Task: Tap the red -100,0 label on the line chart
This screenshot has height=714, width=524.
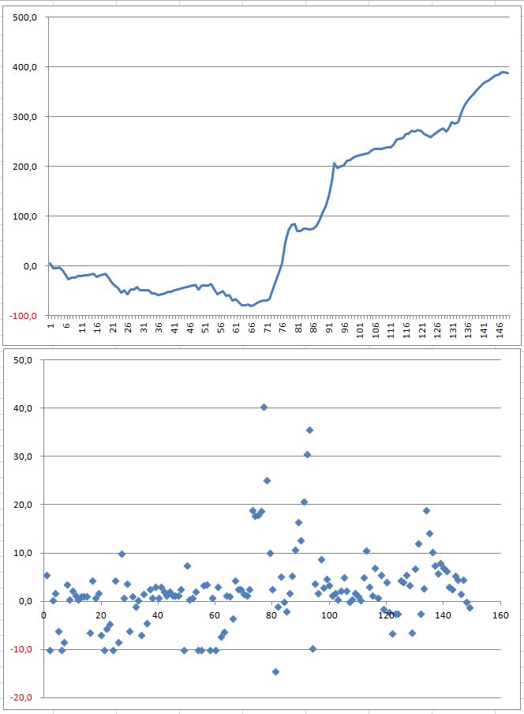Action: click(x=24, y=316)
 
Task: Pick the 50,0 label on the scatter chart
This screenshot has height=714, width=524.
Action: click(x=22, y=360)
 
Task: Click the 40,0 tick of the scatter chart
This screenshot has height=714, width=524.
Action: click(x=22, y=408)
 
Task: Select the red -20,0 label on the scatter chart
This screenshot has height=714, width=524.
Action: click(x=21, y=697)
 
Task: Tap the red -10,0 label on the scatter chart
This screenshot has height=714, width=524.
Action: click(x=21, y=649)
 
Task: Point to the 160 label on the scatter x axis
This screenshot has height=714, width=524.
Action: click(x=500, y=614)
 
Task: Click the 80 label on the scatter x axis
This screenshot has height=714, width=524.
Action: click(x=271, y=614)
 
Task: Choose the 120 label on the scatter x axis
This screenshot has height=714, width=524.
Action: click(x=385, y=614)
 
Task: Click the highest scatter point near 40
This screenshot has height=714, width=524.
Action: click(x=264, y=408)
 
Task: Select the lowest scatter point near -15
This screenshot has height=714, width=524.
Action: click(x=276, y=671)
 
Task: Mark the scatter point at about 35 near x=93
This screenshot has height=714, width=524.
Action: click(x=310, y=430)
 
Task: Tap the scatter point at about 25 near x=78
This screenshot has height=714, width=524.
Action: click(x=268, y=480)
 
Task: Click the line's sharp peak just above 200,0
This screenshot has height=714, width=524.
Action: click(x=334, y=163)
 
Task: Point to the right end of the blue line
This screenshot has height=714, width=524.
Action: click(x=509, y=73)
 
